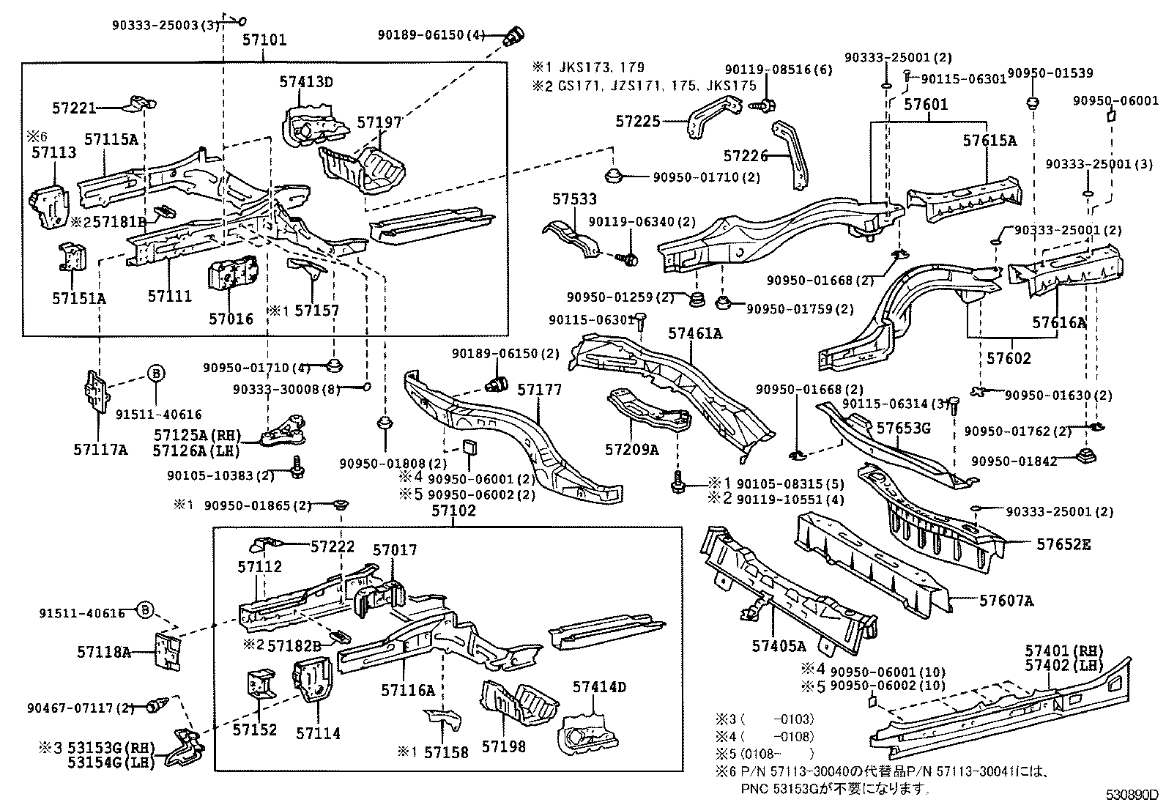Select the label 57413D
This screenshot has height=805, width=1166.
(305, 82)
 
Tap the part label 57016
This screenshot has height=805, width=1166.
(231, 319)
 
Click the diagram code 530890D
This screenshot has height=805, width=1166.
(1132, 794)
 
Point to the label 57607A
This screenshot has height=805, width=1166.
(1006, 601)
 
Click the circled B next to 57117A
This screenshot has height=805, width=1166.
(155, 374)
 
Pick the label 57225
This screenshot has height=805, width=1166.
(637, 122)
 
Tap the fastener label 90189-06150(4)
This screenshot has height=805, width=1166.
(431, 34)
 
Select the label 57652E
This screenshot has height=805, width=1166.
(1063, 544)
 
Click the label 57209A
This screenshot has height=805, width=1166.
(631, 450)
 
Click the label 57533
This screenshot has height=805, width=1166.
(574, 199)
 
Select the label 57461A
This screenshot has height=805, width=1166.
(694, 334)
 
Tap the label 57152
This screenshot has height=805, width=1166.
(255, 730)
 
